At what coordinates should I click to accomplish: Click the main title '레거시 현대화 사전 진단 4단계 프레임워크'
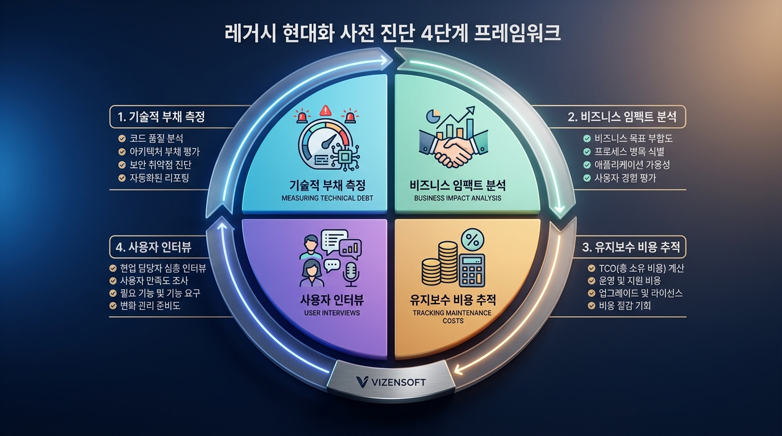(390, 32)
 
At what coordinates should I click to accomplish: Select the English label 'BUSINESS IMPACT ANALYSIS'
(457, 199)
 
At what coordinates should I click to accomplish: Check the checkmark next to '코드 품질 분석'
(122, 139)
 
